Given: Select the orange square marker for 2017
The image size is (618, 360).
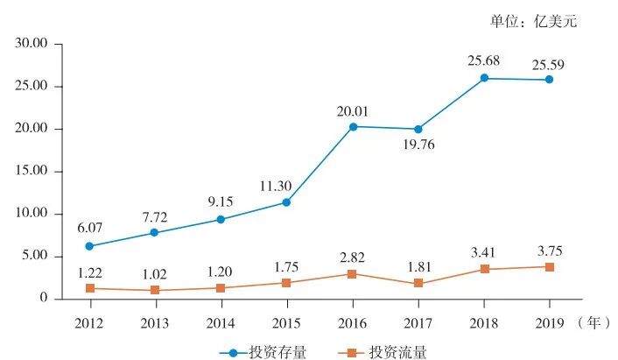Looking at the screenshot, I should point(418,284).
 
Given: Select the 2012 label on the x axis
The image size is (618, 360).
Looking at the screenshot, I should point(88,321).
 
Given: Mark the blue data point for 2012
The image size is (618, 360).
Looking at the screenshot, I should point(88,246).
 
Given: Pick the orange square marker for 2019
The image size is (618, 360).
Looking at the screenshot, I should point(550,267).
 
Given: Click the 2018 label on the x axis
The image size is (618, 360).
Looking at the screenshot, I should point(483,321).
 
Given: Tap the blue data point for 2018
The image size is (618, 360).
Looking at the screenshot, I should point(483,79).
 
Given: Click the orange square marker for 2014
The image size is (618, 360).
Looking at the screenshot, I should point(220,288).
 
